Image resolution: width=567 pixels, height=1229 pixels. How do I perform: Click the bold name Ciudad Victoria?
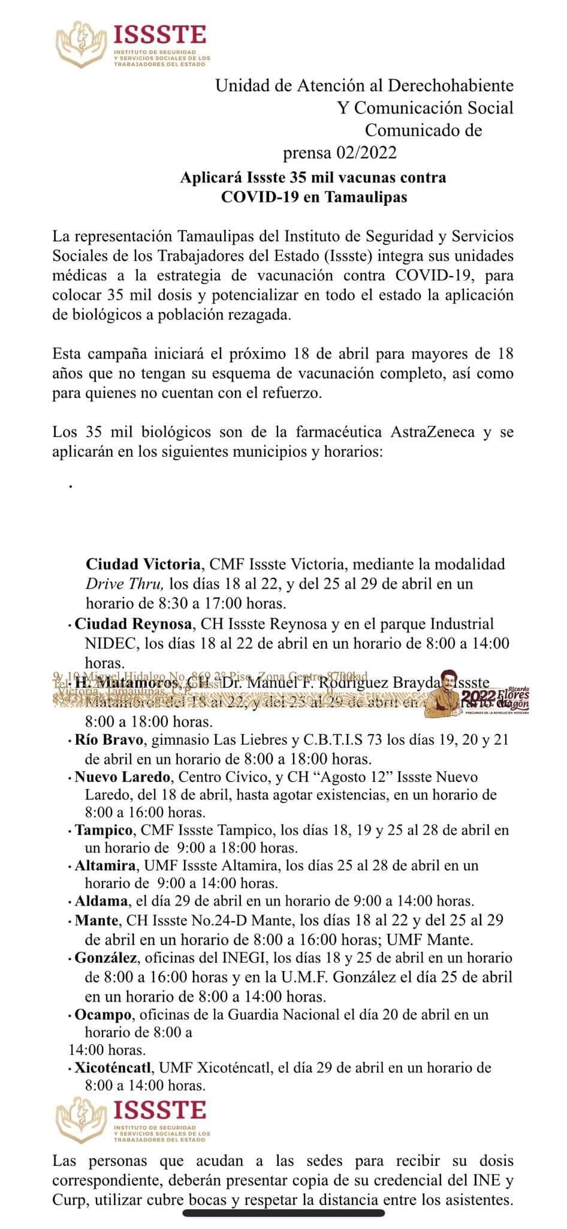click(143, 564)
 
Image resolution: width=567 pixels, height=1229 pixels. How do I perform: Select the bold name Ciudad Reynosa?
click(134, 624)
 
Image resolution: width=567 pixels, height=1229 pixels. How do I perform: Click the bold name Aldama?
click(101, 901)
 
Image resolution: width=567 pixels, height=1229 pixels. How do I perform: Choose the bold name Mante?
click(96, 920)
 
